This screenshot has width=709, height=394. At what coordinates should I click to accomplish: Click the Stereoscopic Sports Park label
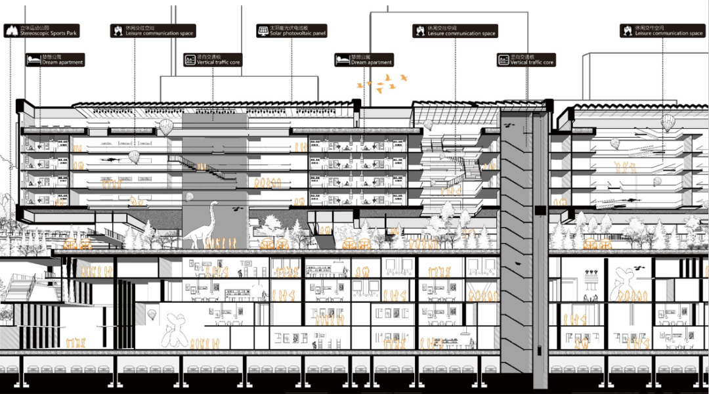pos(42,31)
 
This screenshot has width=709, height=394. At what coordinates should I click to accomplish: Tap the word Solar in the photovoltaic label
pos(277,33)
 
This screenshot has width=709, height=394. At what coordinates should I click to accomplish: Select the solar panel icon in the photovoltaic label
pos(263,31)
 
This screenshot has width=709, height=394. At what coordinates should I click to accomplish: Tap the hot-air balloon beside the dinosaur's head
pos(190,196)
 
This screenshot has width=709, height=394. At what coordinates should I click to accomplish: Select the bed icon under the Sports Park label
pos(33,60)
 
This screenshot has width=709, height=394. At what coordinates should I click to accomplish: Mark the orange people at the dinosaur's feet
pos(221,244)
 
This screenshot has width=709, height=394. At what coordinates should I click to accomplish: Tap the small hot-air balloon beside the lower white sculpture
pos(151,315)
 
